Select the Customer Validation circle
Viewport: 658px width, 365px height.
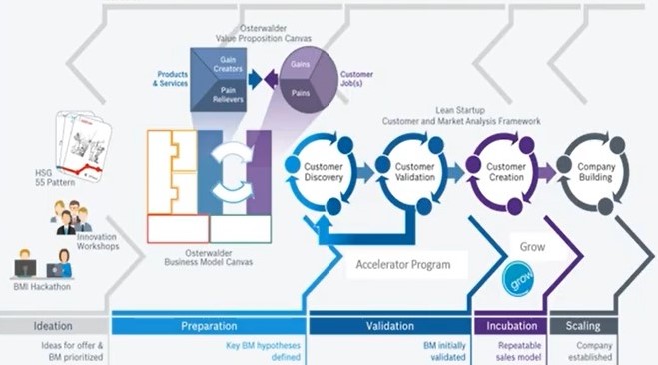tap(414, 172)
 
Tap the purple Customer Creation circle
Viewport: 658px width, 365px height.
tap(505, 172)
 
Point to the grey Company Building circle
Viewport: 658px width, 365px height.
tap(595, 172)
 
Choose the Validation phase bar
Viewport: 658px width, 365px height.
tap(392, 326)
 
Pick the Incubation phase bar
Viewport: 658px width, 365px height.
tap(512, 326)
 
